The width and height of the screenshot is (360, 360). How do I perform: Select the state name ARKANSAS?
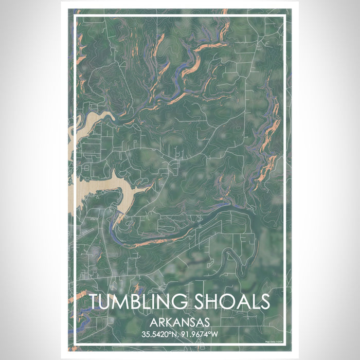[179, 323]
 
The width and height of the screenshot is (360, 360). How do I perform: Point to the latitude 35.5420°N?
[160, 334]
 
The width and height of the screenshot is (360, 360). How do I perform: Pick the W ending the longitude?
[216, 334]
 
